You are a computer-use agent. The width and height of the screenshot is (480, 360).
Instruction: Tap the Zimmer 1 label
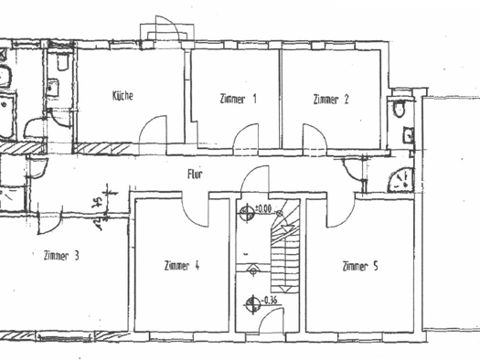point(238,99)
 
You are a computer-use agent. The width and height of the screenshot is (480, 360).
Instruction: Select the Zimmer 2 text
point(330,99)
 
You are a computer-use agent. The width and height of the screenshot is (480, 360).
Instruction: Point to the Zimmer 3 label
point(61,256)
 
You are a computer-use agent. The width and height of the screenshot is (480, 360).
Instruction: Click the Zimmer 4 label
point(181,266)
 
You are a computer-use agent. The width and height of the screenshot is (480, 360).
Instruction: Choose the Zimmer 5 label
point(360,266)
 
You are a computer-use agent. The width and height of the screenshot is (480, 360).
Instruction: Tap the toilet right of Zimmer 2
point(399,110)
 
